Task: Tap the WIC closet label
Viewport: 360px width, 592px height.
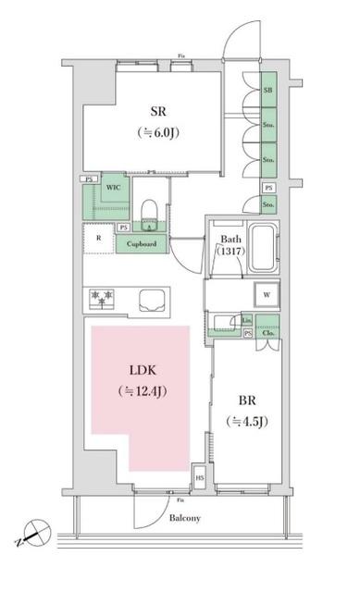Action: coord(114,186)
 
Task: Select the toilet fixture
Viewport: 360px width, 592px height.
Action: coord(149,210)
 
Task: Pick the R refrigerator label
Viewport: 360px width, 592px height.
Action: coord(97,236)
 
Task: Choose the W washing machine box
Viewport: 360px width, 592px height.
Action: coord(267,295)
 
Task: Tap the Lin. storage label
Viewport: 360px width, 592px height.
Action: coord(246,320)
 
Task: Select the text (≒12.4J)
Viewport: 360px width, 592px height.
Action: coord(143,392)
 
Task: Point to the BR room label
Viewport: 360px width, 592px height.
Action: coord(246,401)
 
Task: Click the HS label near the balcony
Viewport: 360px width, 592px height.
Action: coord(199,477)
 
